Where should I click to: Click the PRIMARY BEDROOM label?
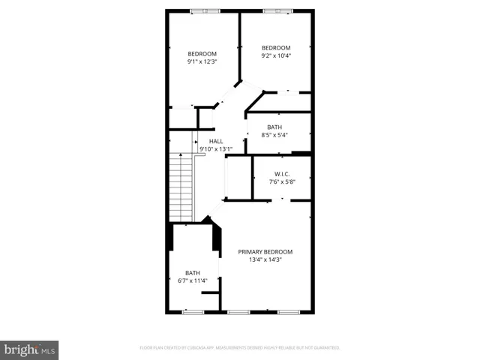[265, 252]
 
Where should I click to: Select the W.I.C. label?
[282, 174]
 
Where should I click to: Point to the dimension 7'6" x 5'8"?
[282, 181]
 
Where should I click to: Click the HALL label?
[216, 141]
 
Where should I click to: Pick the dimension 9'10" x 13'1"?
[216, 148]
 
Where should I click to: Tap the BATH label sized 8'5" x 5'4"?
[274, 127]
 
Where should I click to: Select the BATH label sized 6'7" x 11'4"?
[193, 273]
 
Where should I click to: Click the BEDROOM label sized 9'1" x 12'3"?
[202, 54]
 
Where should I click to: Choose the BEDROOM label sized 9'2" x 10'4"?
[275, 47]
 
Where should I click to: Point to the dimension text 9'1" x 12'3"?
[202, 61]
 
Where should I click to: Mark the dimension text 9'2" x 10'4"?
[275, 55]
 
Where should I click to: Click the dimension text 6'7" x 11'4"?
[193, 280]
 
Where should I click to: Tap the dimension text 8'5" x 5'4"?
[274, 135]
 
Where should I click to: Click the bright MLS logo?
[30, 349]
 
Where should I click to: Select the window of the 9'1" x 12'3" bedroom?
[199, 10]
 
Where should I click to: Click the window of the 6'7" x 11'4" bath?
[193, 310]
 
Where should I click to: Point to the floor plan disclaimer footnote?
[239, 348]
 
